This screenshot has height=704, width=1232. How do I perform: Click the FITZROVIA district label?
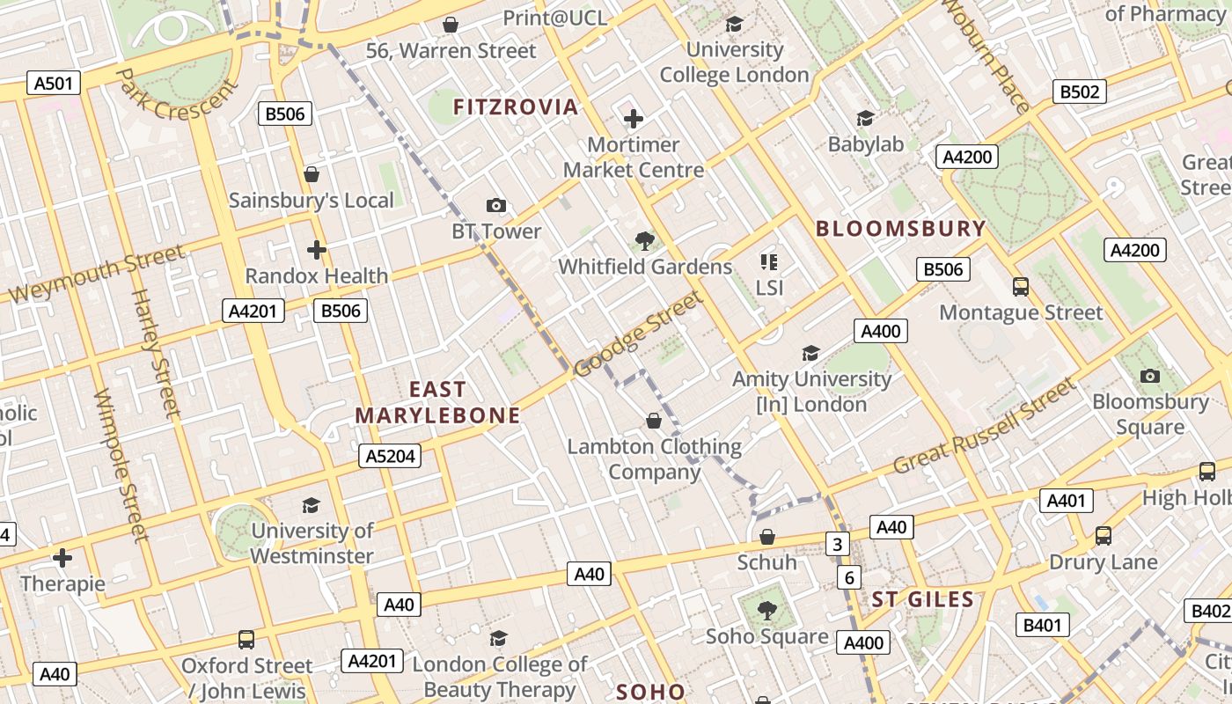point(516,107)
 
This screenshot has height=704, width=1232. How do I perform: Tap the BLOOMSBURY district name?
point(901,229)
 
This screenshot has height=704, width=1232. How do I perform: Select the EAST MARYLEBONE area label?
point(438,402)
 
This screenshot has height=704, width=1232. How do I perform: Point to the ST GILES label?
point(922,600)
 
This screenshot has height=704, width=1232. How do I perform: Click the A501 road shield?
point(54,84)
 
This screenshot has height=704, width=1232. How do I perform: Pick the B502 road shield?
point(1079,92)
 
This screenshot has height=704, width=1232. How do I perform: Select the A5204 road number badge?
point(390,456)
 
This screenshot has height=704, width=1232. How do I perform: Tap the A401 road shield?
point(1066,501)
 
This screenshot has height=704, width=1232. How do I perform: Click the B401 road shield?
point(1043,626)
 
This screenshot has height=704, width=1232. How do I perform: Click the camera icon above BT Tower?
point(496,206)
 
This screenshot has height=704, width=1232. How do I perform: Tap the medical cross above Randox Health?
point(317,250)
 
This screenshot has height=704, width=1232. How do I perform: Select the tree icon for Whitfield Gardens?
point(645,240)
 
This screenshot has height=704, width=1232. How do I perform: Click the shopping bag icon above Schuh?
point(767,537)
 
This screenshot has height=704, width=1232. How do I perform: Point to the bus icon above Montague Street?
point(1021,287)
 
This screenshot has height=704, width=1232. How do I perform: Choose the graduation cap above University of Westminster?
point(311,505)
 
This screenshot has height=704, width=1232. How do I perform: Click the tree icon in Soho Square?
point(767,610)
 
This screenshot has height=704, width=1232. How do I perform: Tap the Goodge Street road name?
point(639,334)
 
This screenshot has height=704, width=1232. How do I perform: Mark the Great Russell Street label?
point(985,427)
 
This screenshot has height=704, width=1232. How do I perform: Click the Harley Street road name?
point(156,352)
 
